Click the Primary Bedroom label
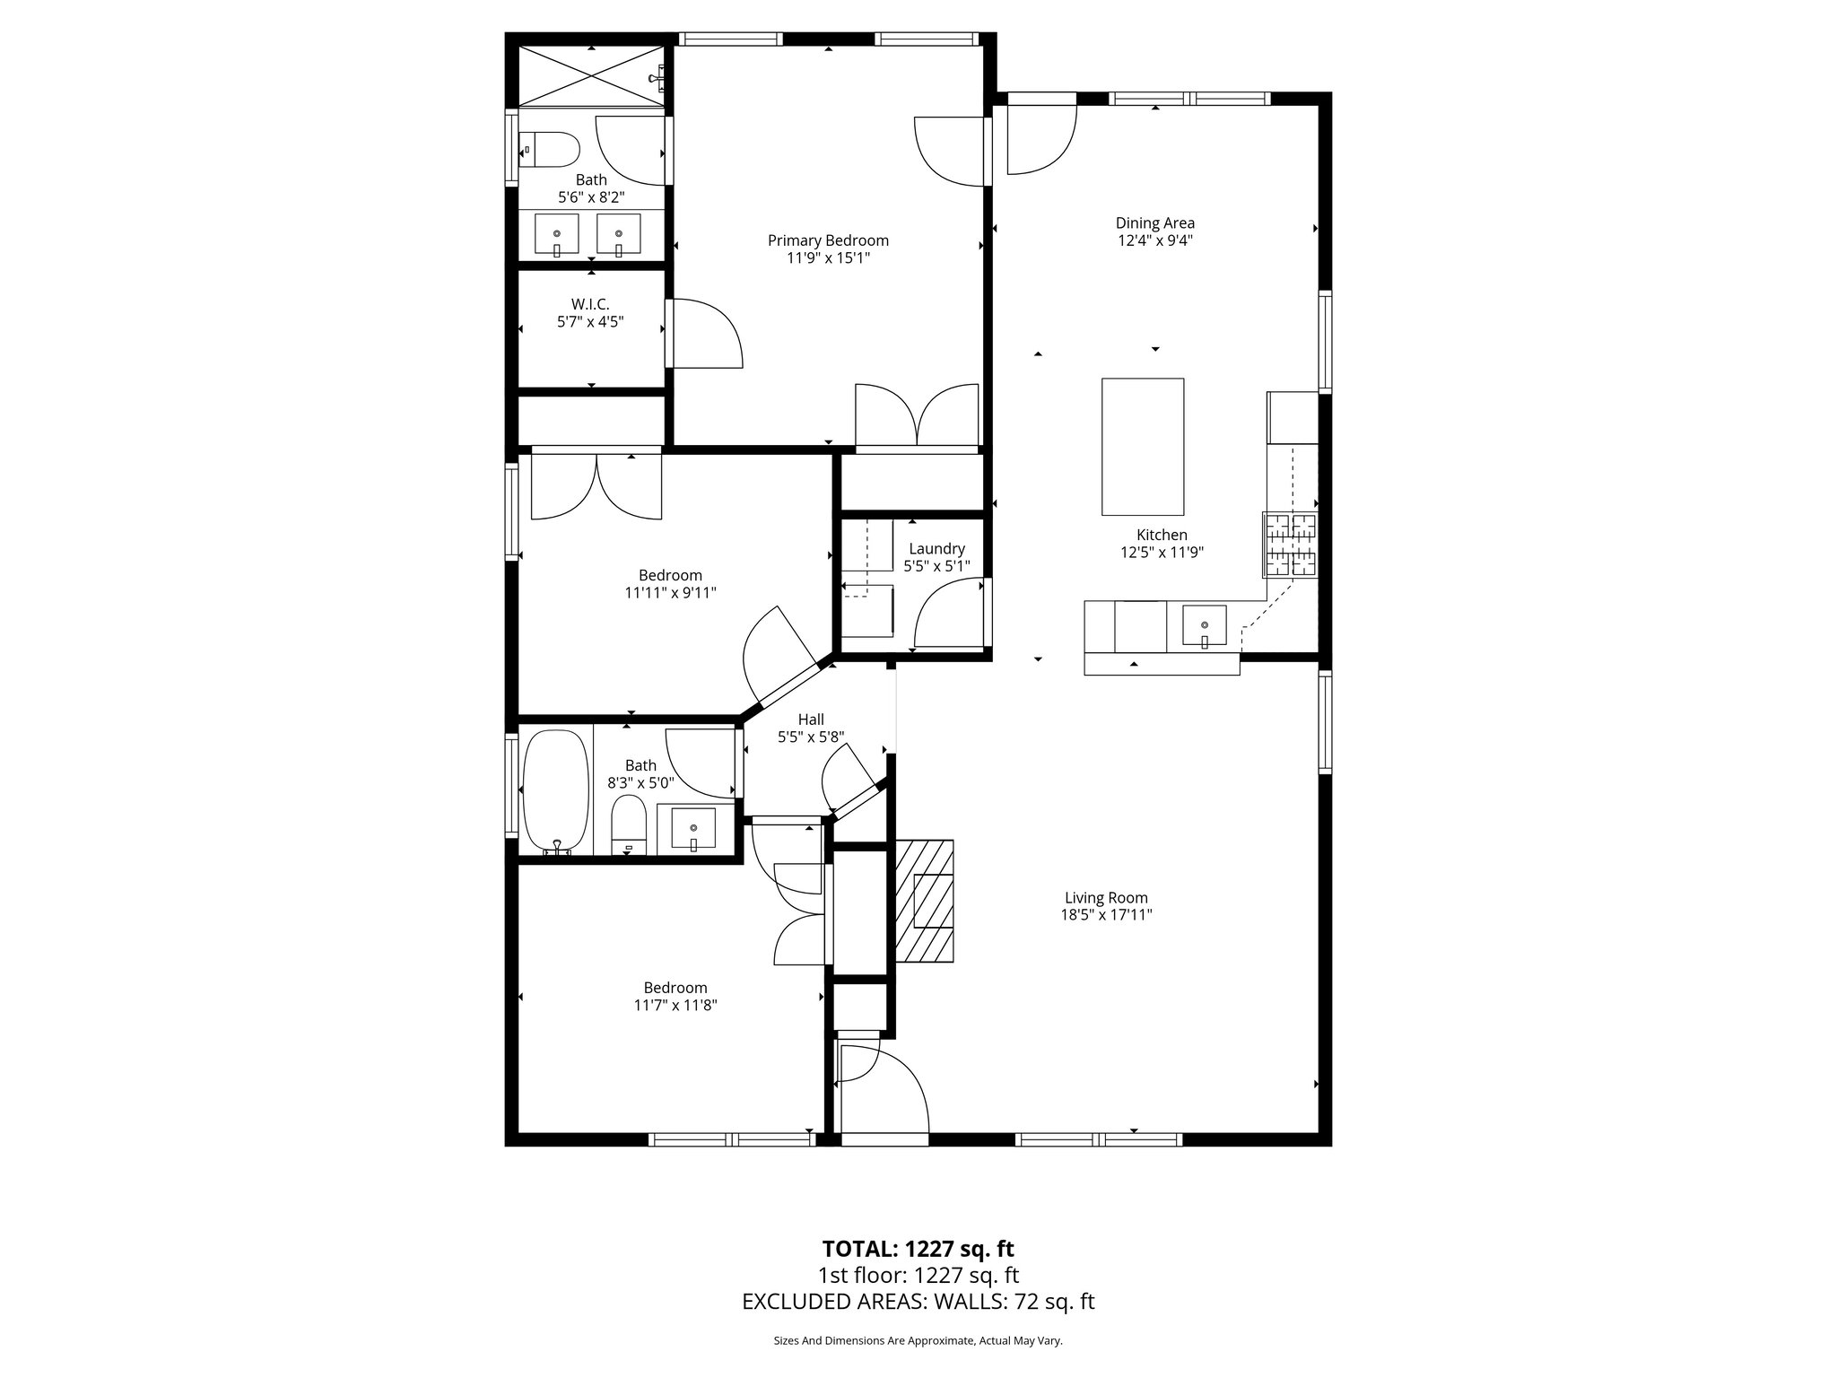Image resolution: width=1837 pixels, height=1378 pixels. [828, 240]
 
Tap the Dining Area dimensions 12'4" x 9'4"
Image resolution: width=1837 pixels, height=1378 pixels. [1154, 240]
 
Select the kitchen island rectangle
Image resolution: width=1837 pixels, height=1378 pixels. [1142, 446]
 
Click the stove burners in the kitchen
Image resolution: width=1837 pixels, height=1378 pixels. [1290, 545]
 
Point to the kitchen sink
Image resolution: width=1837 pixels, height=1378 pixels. [1204, 626]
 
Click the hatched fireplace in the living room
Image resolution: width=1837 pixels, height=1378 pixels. [925, 901]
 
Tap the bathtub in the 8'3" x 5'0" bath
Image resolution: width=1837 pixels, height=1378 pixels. [555, 791]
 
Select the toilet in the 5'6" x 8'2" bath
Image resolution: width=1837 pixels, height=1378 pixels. [549, 150]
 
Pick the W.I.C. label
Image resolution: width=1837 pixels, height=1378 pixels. [590, 304]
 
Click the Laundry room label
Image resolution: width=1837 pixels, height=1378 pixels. [936, 549]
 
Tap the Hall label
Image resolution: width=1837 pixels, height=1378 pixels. [811, 720]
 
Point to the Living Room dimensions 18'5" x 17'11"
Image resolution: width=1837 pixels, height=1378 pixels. [1106, 915]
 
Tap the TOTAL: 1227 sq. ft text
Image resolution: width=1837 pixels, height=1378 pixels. [918, 1249]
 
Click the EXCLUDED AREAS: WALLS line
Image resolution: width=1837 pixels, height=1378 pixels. [918, 1302]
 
